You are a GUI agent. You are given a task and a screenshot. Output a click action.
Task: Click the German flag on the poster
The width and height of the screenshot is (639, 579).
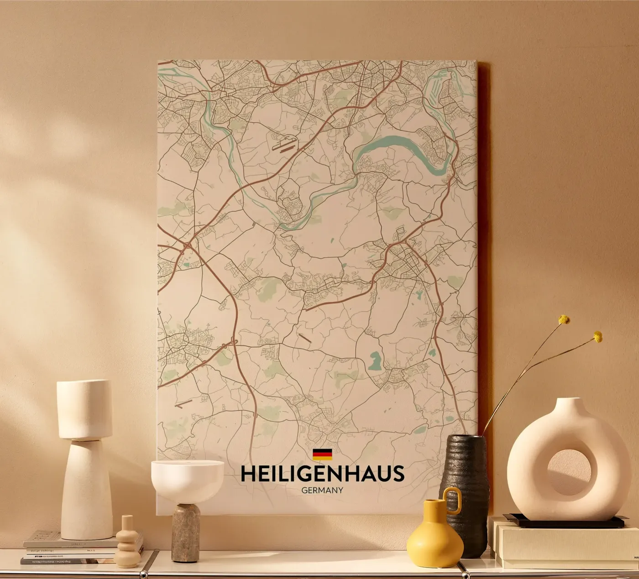322,454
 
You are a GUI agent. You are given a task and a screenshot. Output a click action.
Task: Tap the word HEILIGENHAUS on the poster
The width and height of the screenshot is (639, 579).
322,474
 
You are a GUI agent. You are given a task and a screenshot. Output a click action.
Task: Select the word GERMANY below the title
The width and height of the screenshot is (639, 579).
322,490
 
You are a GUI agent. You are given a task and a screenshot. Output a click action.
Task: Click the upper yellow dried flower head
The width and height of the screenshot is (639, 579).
565,319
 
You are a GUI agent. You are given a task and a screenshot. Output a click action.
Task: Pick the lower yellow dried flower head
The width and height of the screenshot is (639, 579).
597,337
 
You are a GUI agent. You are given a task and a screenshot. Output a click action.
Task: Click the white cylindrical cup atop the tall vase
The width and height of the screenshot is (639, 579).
84,409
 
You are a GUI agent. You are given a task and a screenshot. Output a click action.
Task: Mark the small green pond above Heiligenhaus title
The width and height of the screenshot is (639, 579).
376,360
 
